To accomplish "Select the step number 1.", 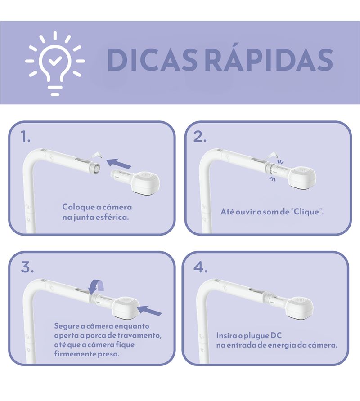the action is (26, 137).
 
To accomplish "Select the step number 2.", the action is (200, 137).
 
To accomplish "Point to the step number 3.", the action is (27, 267).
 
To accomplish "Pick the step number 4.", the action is (201, 267).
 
